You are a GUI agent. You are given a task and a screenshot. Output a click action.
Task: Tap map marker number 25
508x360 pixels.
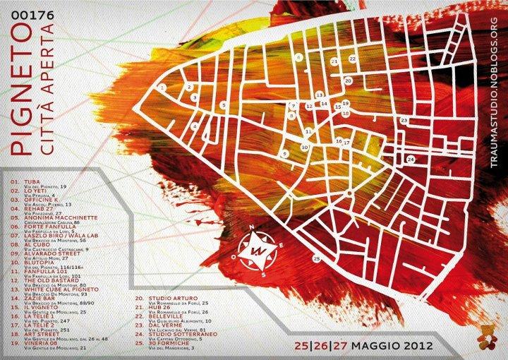(x=316, y=259)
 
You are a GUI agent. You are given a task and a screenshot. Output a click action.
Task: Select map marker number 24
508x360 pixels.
(x=410, y=160)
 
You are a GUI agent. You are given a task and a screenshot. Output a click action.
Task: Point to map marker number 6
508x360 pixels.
(x=299, y=56)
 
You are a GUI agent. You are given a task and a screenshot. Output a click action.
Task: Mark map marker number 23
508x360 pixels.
(x=404, y=121)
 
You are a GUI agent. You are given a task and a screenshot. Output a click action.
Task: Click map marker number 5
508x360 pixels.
(x=223, y=105)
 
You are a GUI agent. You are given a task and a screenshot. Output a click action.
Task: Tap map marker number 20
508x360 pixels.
(x=348, y=81)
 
